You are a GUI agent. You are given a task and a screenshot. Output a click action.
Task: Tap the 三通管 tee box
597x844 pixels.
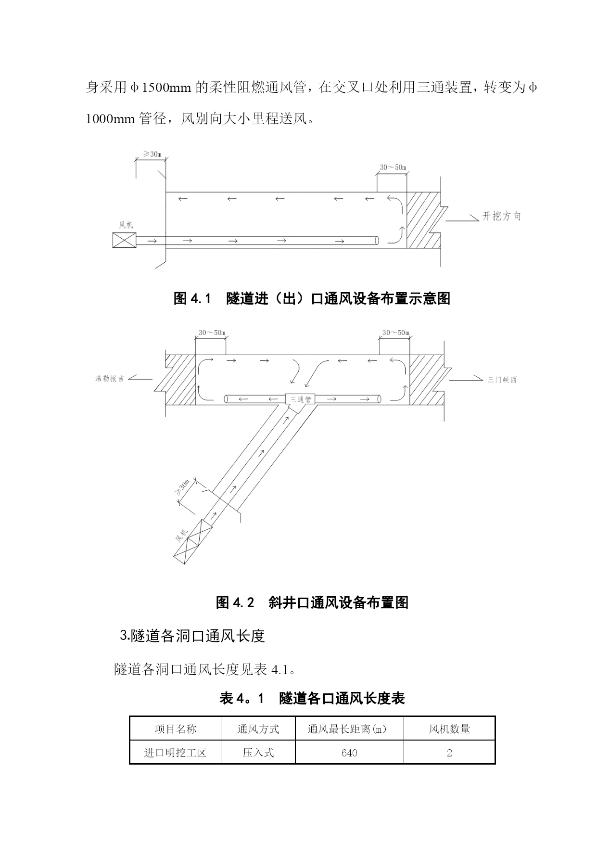click(x=301, y=399)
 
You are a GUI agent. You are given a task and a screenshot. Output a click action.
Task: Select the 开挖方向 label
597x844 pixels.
click(x=502, y=217)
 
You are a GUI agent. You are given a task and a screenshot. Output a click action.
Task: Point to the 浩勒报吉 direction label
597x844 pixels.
click(x=110, y=379)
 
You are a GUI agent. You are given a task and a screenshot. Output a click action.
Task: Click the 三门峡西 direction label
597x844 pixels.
click(x=502, y=380)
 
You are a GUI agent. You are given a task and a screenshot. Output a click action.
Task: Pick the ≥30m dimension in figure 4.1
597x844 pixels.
click(x=152, y=154)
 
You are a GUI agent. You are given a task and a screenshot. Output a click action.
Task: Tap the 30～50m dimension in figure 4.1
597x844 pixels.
click(x=393, y=167)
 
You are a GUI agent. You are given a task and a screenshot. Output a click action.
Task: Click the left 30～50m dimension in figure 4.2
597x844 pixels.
click(x=212, y=332)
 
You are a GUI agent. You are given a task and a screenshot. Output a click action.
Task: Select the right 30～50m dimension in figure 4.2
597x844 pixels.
click(x=395, y=332)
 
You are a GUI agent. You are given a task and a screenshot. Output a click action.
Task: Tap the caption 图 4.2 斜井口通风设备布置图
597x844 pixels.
click(x=312, y=602)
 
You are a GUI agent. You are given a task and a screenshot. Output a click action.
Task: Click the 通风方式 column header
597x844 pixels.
click(x=258, y=729)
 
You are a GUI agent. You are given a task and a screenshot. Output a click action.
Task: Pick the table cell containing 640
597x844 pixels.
click(x=349, y=753)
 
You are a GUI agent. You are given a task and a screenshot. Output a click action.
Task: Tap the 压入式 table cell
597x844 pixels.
click(x=258, y=753)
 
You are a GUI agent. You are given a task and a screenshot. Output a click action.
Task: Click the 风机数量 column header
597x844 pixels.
click(x=449, y=729)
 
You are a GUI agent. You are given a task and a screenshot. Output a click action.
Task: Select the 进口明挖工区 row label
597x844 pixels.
click(x=175, y=753)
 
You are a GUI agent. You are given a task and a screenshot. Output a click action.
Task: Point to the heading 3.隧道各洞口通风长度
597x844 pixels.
click(x=192, y=636)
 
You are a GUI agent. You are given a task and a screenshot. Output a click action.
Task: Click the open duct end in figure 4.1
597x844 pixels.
click(x=377, y=240)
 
